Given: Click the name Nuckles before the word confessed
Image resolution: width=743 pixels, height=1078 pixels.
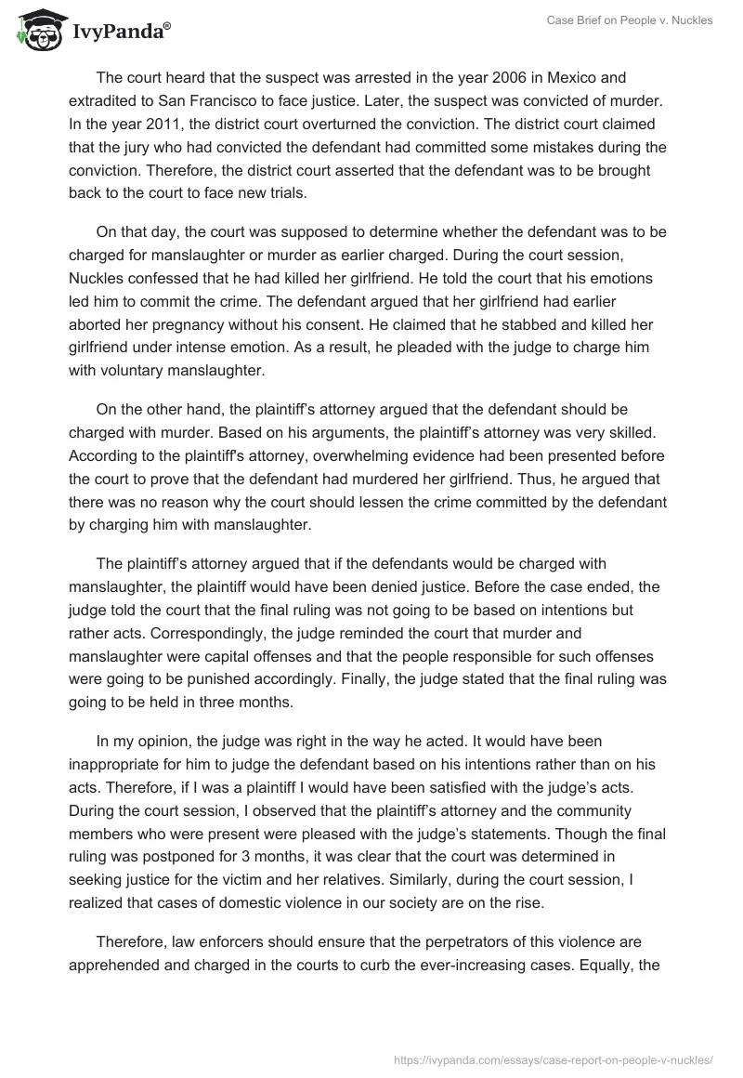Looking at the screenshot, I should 99,279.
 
